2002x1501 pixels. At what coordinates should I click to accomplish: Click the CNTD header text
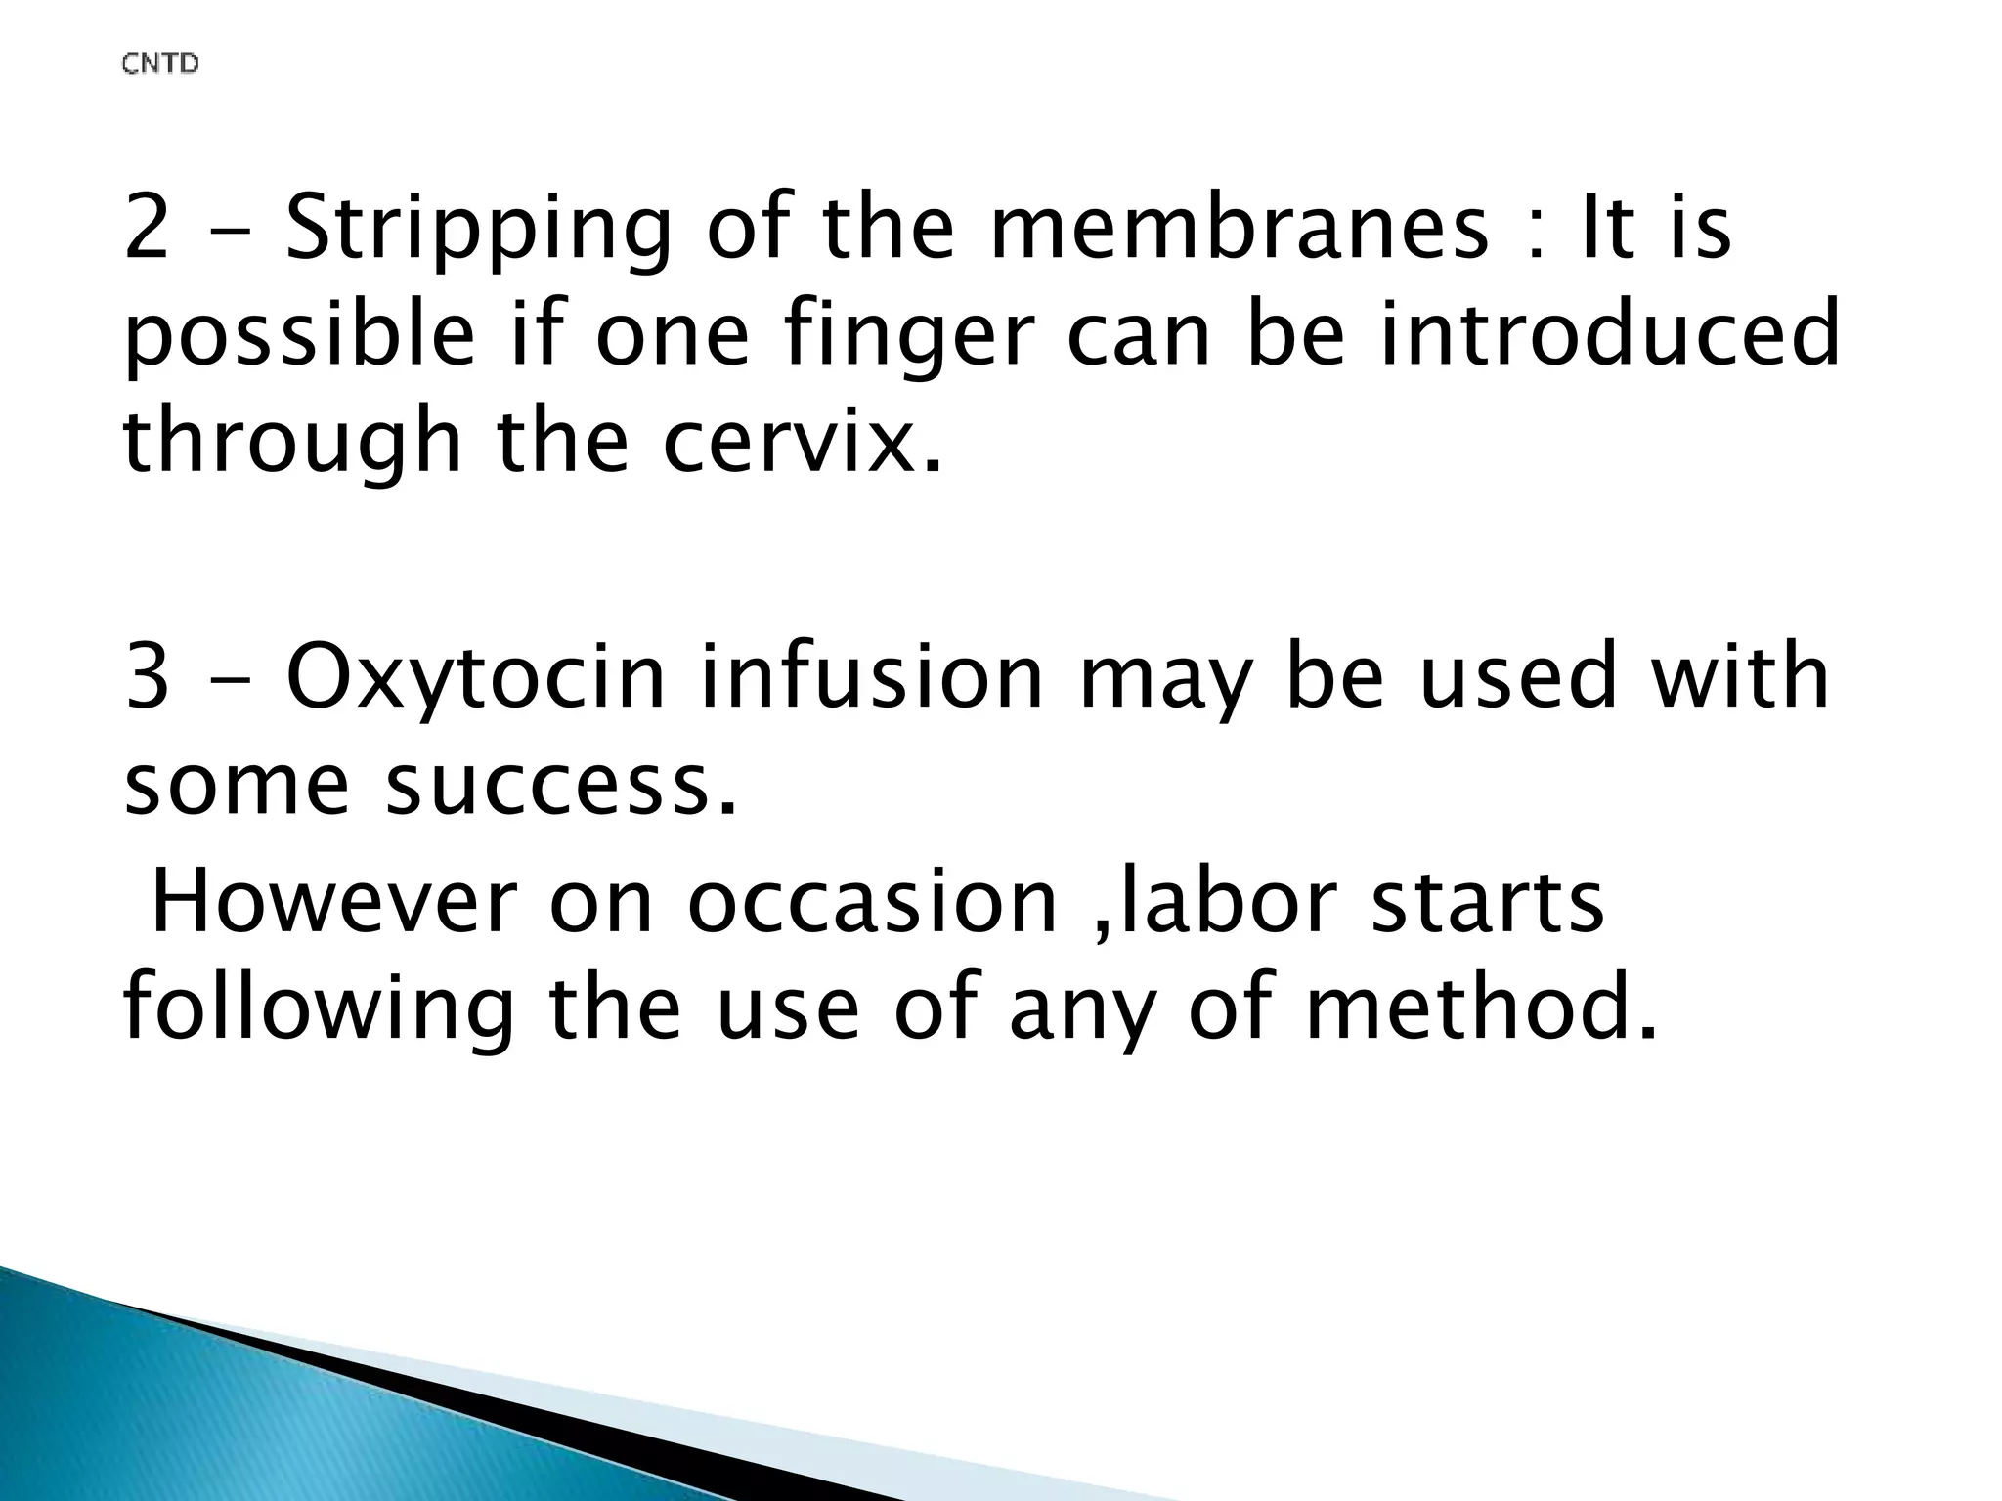click(x=160, y=64)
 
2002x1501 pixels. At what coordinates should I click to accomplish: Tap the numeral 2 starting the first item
click(x=147, y=229)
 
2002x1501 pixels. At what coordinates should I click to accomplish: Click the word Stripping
click(x=478, y=231)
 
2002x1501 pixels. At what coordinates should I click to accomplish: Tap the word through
click(x=292, y=445)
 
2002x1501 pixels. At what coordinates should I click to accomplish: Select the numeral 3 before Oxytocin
click(x=147, y=678)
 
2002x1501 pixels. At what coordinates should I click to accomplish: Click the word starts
click(x=1487, y=903)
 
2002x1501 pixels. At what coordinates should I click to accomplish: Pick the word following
click(x=319, y=1010)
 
